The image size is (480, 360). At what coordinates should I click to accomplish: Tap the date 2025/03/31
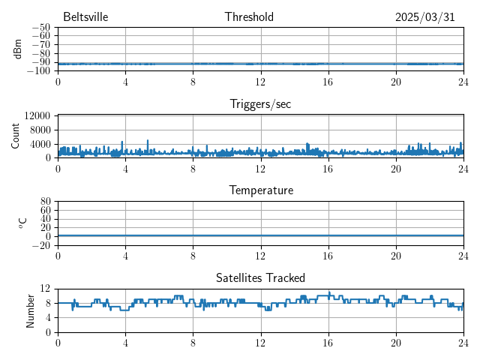pyautogui.click(x=425, y=17)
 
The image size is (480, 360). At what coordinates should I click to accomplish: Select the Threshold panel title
pyautogui.click(x=249, y=17)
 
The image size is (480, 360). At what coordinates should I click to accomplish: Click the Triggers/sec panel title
pyautogui.click(x=260, y=104)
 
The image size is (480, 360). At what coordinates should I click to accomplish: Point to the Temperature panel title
pyautogui.click(x=260, y=190)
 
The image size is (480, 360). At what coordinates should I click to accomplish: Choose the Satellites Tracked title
pyautogui.click(x=260, y=277)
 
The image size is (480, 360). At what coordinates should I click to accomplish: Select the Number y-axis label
pyautogui.click(x=31, y=310)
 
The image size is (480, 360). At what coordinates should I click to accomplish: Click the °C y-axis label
pyautogui.click(x=22, y=223)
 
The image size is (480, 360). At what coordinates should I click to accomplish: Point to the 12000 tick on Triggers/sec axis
pyautogui.click(x=37, y=115)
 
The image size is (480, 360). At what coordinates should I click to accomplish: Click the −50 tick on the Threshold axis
pyautogui.click(x=40, y=28)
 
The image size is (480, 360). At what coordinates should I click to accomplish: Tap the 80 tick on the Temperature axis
pyautogui.click(x=46, y=202)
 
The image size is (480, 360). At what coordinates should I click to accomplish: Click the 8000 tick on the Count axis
pyautogui.click(x=39, y=130)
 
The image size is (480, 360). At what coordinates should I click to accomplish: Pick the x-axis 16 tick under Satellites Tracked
pyautogui.click(x=328, y=343)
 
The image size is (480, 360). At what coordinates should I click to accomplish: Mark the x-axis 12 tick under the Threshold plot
pyautogui.click(x=260, y=82)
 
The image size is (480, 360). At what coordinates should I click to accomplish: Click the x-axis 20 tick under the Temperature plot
pyautogui.click(x=395, y=256)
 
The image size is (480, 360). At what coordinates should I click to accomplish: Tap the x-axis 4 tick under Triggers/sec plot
pyautogui.click(x=125, y=169)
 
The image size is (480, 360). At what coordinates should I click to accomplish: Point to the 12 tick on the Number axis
pyautogui.click(x=46, y=289)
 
